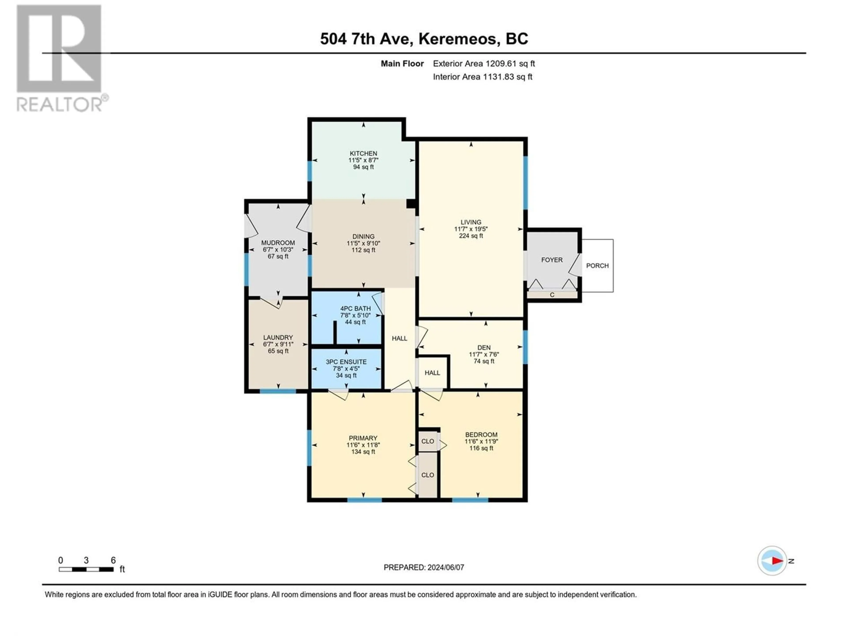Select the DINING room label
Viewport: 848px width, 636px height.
(363, 237)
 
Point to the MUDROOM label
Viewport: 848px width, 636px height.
(278, 243)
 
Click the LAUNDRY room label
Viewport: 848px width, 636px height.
(278, 337)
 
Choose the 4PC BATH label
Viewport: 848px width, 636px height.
(355, 309)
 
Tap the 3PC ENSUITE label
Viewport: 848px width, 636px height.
(346, 362)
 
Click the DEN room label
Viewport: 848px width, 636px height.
(484, 348)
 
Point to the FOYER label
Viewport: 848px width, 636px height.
(552, 260)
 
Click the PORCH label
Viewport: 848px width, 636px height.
(597, 266)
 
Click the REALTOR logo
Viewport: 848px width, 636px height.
(60, 58)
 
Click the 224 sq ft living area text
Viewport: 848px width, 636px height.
(471, 236)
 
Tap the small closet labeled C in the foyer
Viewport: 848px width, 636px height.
(552, 295)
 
